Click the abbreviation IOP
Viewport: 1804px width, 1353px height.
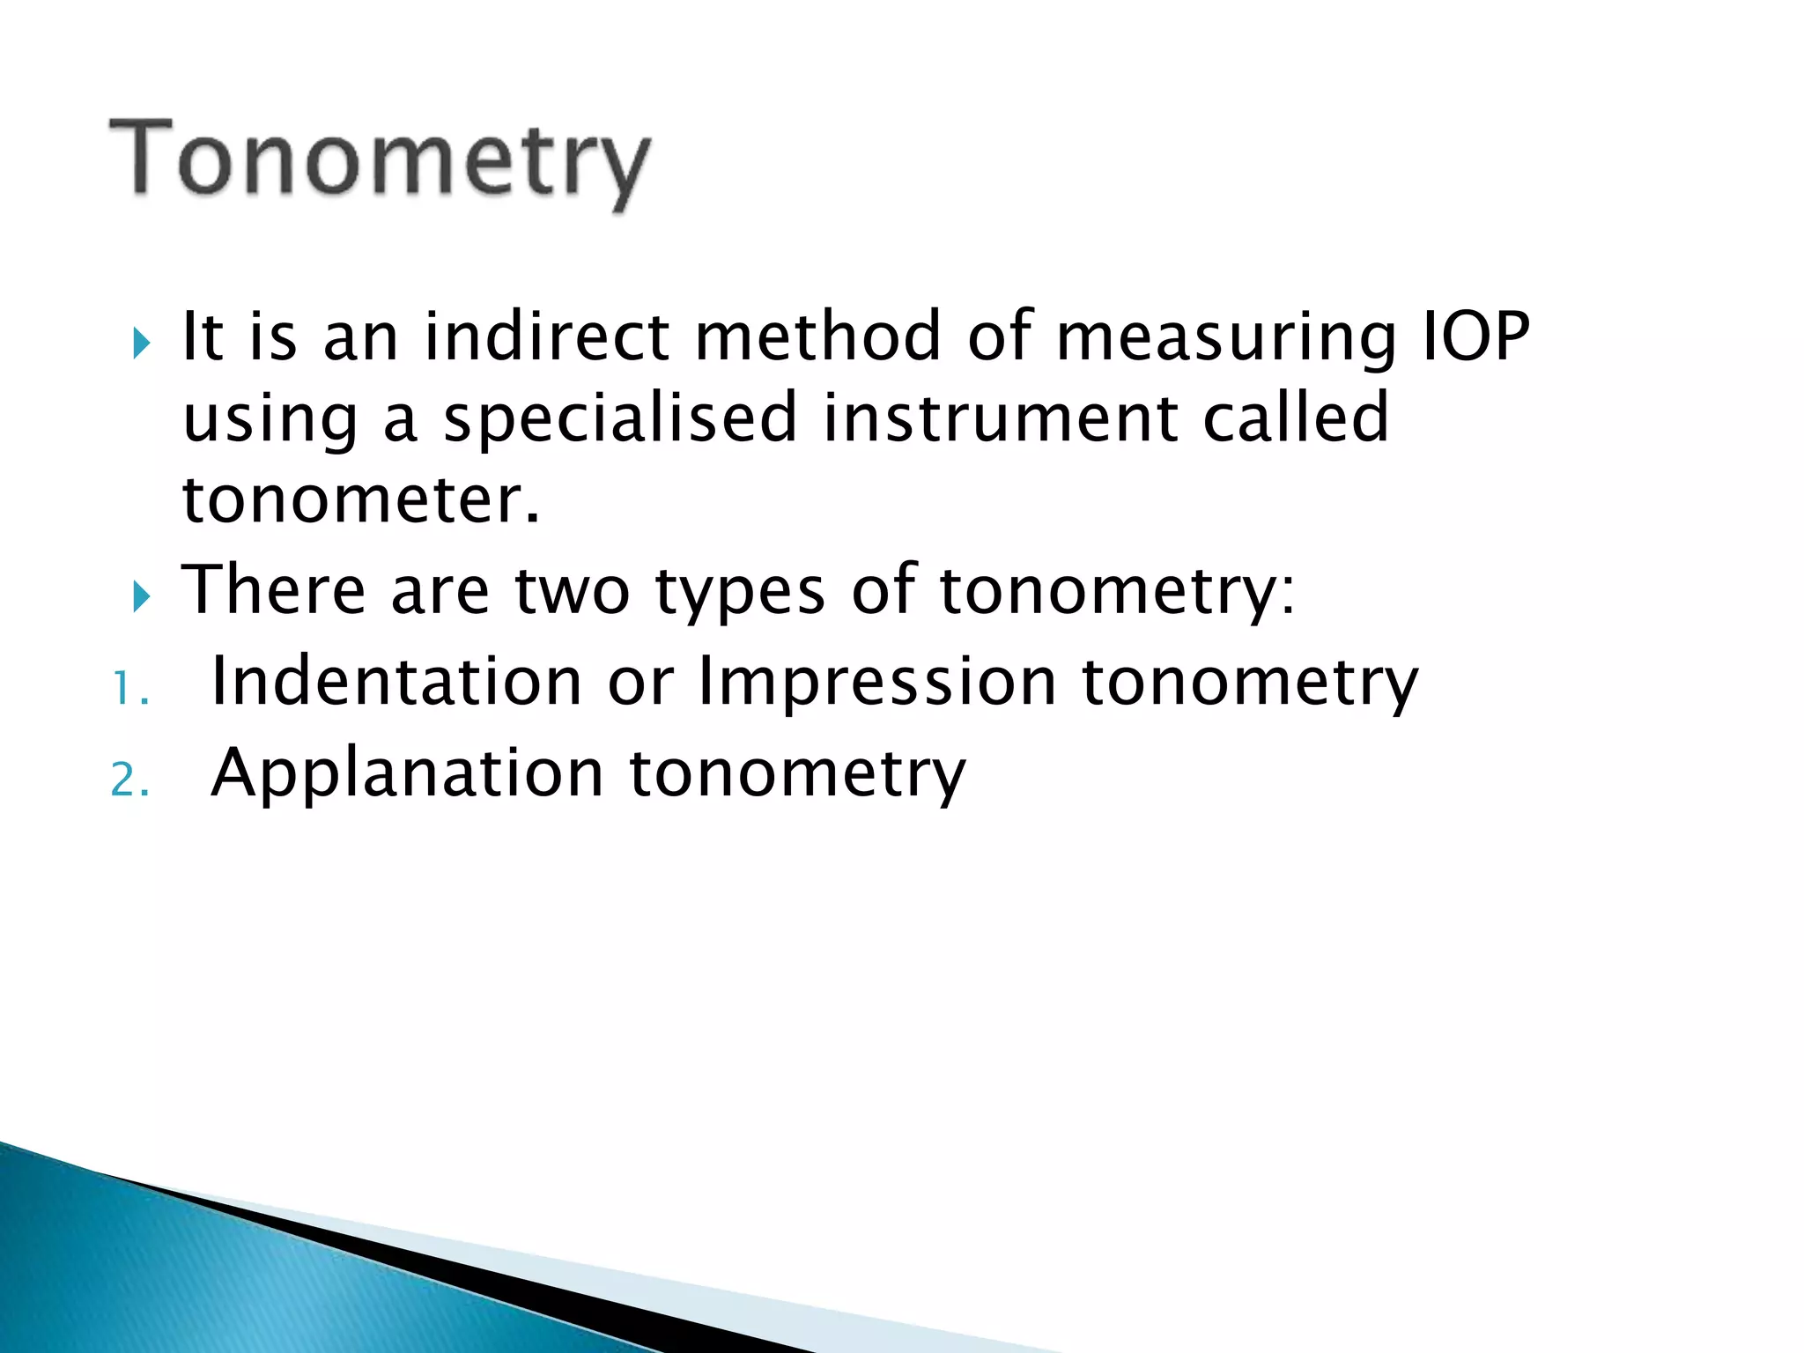pyautogui.click(x=1476, y=336)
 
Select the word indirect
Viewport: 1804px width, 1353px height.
pyautogui.click(x=547, y=336)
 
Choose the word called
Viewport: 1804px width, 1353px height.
pyautogui.click(x=1296, y=418)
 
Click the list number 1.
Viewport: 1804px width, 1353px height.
pyautogui.click(x=129, y=690)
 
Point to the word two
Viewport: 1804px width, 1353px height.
pyautogui.click(x=573, y=590)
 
